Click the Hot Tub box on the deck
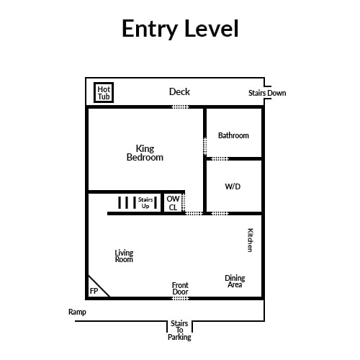click(104, 93)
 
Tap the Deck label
click(179, 91)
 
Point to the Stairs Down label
click(267, 93)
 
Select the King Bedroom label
click(145, 153)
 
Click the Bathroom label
click(233, 135)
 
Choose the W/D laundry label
click(233, 186)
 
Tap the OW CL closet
click(173, 203)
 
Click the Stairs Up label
click(145, 203)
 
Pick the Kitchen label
click(250, 240)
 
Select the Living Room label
click(124, 256)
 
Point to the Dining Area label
click(235, 282)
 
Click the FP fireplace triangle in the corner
click(96, 288)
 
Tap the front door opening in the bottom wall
click(181, 298)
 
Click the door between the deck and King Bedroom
click(181, 107)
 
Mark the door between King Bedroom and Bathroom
click(205, 146)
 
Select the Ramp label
click(77, 312)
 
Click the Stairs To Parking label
click(179, 330)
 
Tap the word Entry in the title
click(150, 29)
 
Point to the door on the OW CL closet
click(184, 203)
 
